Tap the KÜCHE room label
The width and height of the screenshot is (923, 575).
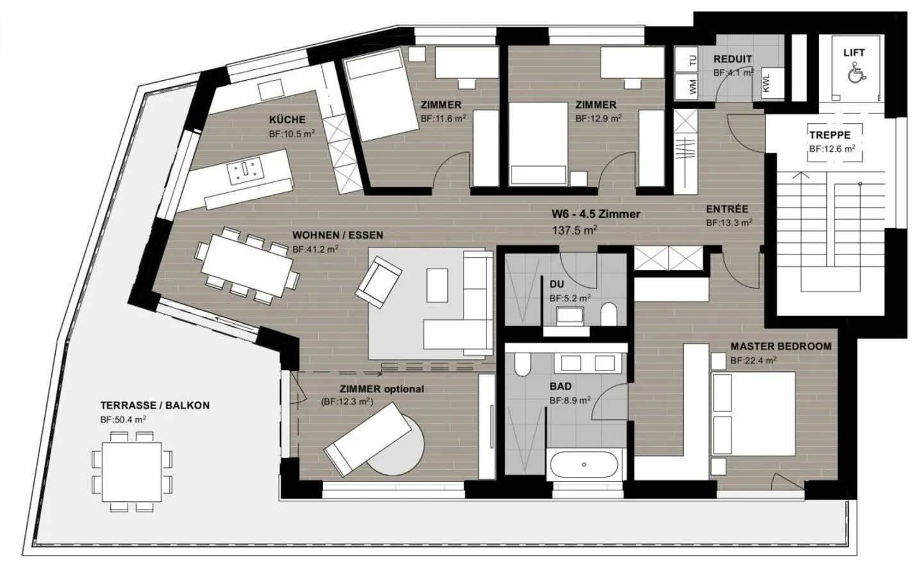287,120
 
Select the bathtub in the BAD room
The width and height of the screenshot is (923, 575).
584,465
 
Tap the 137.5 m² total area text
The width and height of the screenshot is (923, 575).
575,230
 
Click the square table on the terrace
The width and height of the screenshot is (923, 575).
132,472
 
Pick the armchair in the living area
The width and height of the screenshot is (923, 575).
378,281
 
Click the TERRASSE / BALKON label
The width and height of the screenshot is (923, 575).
155,406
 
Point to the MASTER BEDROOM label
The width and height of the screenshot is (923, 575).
781,347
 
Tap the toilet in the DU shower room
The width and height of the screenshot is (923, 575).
608,315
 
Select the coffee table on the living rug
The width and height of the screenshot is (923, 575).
437,286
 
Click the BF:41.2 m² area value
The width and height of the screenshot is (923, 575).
315,249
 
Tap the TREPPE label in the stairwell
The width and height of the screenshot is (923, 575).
830,135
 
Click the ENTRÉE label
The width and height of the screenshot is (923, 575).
727,210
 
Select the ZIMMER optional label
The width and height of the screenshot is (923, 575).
381,389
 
